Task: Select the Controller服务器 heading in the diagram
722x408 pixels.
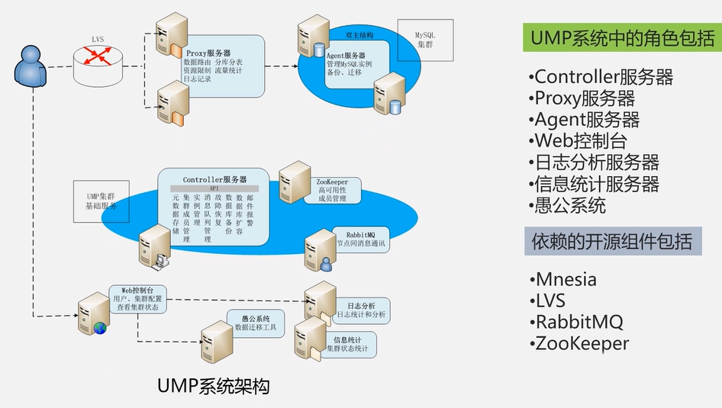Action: [214, 179]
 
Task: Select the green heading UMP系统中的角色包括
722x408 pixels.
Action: [618, 36]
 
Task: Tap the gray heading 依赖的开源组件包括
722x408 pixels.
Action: [612, 242]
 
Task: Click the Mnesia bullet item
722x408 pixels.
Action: [565, 279]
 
